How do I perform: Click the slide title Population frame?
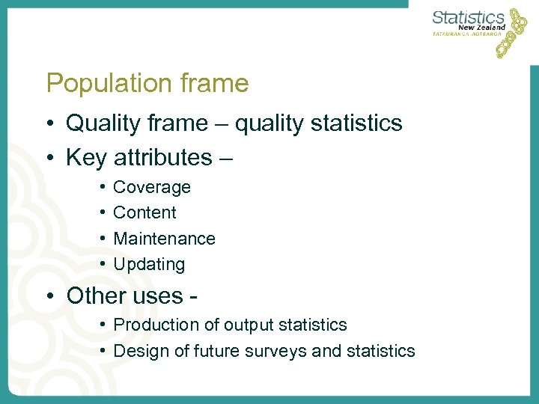pyautogui.click(x=147, y=83)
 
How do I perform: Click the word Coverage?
pyautogui.click(x=152, y=187)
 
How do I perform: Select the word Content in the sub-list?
pyautogui.click(x=144, y=212)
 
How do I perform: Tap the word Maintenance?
pyautogui.click(x=164, y=239)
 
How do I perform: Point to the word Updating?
pyautogui.click(x=149, y=264)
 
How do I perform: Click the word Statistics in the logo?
pyautogui.click(x=469, y=17)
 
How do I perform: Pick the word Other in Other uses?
pyautogui.click(x=93, y=296)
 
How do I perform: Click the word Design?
pyautogui.click(x=138, y=350)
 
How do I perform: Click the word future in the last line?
pyautogui.click(x=209, y=350)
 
